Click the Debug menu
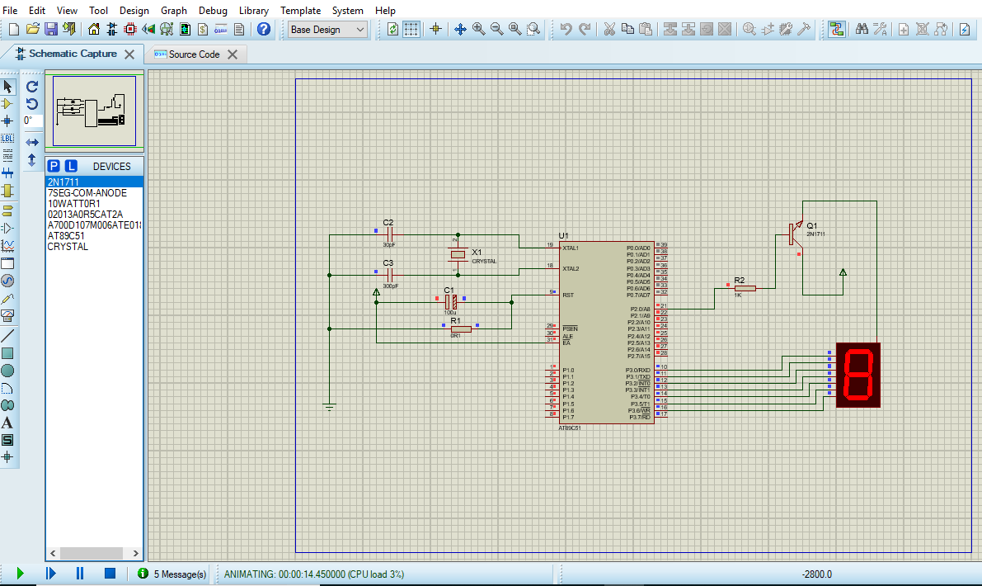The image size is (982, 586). point(213,11)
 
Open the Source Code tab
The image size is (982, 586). point(194,54)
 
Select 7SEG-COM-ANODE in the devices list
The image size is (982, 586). point(87,192)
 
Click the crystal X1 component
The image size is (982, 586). point(458,254)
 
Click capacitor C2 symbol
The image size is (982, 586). point(389,234)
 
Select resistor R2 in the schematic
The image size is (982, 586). point(745,288)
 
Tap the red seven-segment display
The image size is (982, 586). point(857,375)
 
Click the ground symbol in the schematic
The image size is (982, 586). point(329,406)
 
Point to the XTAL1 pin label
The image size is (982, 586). point(571,248)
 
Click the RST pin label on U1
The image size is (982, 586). point(568,295)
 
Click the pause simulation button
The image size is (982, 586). point(80,573)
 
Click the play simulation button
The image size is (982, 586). point(21,573)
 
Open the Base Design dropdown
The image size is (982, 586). point(327,29)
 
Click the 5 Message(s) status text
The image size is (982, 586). point(180,574)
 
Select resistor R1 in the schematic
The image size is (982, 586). point(461,328)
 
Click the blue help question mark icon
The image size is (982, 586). point(264,29)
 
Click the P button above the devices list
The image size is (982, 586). point(54,166)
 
